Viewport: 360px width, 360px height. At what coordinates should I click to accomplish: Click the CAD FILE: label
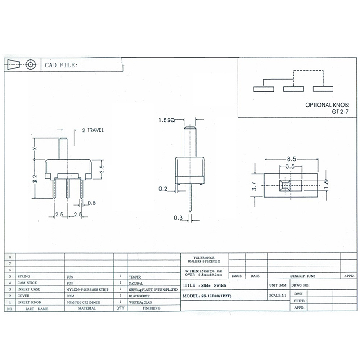pos(62,65)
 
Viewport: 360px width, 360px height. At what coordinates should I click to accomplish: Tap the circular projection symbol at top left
pos(30,64)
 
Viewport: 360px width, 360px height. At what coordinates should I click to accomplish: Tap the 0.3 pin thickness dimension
pos(178,218)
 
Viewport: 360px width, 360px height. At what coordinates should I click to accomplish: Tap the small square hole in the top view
pos(284,185)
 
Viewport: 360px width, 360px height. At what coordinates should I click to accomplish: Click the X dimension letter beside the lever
pos(34,148)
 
